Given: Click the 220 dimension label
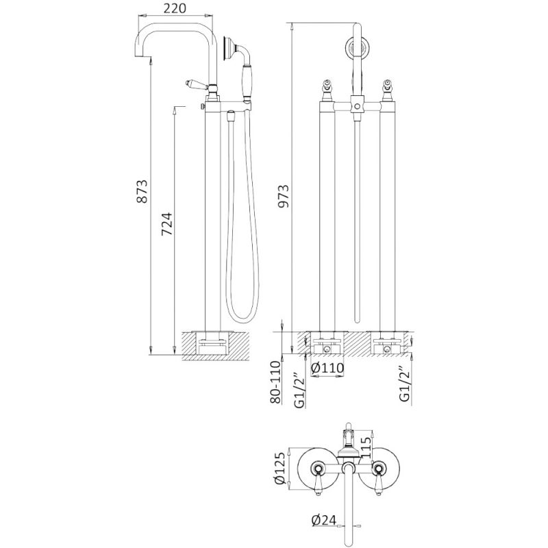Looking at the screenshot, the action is [x=175, y=8].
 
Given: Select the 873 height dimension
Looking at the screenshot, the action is [x=142, y=191].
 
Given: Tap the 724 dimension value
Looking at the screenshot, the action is [x=167, y=224].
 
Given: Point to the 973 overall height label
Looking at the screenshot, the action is [x=283, y=196].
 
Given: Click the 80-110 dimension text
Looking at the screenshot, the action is [x=276, y=382].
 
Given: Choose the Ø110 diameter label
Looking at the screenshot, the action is [x=327, y=368].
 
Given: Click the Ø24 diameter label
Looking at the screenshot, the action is [x=323, y=521].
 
